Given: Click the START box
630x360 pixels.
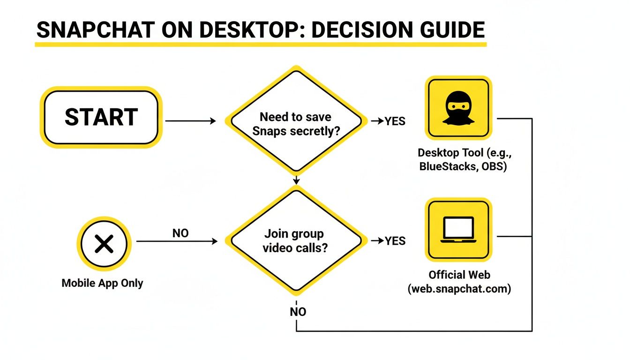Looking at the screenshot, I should (x=101, y=117).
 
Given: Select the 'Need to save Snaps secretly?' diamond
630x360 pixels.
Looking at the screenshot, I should (x=295, y=124).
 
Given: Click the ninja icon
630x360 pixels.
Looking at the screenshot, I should (x=458, y=109).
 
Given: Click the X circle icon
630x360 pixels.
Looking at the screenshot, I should (x=104, y=243).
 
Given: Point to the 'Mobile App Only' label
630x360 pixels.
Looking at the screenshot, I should (x=102, y=283).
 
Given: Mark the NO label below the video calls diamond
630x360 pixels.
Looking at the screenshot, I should (x=298, y=312).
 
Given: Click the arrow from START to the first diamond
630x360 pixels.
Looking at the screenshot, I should (x=190, y=121).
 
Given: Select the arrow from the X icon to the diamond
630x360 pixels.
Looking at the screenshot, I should (x=177, y=241).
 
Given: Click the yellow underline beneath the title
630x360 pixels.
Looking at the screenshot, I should (x=261, y=44).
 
